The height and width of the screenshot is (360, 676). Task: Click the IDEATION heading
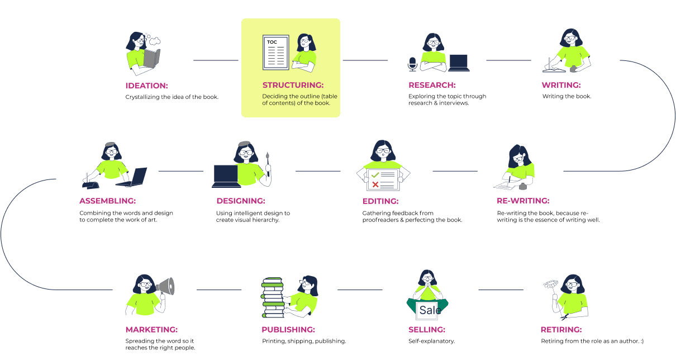tap(147, 86)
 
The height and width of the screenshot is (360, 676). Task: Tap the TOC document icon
tap(276, 52)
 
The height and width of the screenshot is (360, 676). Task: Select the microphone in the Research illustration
tap(412, 64)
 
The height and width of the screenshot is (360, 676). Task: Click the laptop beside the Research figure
tap(459, 63)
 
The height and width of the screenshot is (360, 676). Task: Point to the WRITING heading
tap(561, 85)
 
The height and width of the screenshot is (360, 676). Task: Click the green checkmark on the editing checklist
tap(375, 175)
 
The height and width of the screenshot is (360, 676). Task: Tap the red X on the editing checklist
tap(375, 184)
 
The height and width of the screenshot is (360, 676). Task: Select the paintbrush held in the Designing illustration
tap(268, 164)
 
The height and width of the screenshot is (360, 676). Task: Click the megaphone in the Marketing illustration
tap(165, 286)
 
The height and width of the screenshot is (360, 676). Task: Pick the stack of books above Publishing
tap(273, 297)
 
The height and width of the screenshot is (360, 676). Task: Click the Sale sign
tap(430, 310)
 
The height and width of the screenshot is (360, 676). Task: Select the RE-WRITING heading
tap(523, 201)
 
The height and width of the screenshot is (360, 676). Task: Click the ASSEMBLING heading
tap(108, 201)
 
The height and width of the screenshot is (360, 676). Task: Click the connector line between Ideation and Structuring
tap(216, 60)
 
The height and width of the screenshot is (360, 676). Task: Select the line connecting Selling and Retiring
tap(501, 290)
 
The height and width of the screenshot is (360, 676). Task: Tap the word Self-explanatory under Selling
tap(431, 342)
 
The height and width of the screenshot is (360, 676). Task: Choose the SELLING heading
tap(427, 330)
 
